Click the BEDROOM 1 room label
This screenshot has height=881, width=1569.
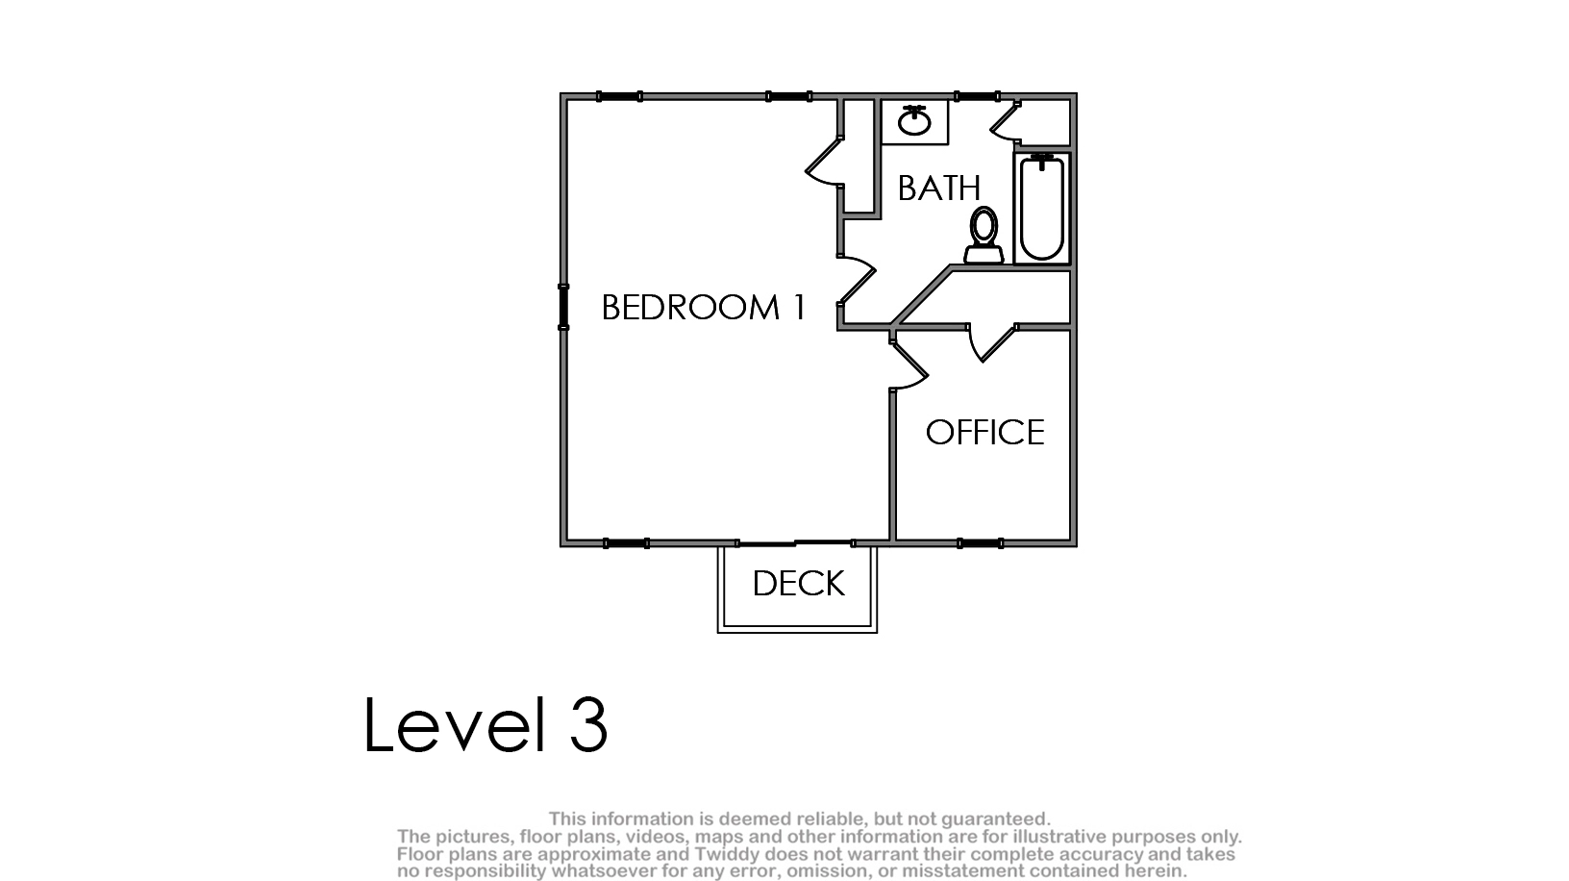pos(703,307)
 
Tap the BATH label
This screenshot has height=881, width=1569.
pos(938,188)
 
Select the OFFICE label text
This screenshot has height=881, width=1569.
pos(984,432)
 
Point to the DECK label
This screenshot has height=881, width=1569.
pos(799,583)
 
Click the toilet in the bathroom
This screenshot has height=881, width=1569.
pos(984,235)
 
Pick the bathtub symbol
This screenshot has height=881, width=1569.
pos(1041,208)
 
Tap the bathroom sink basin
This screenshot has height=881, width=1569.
pos(914,123)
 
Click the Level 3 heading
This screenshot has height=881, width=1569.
pos(486,724)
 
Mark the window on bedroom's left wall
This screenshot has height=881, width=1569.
pos(563,306)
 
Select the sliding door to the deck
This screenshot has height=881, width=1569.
pos(795,543)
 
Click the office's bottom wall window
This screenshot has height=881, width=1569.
pos(981,543)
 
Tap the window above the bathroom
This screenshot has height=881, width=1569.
pos(977,96)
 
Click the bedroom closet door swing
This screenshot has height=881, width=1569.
pos(825,162)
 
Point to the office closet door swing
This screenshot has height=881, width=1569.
pos(991,342)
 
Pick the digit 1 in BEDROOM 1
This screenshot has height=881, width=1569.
pos(799,307)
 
